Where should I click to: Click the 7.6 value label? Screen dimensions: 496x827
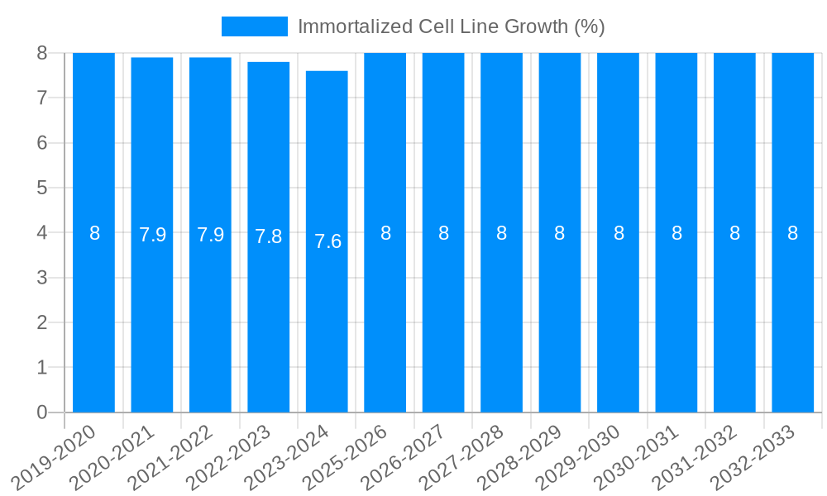[327, 241]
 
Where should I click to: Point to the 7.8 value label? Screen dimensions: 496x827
[268, 236]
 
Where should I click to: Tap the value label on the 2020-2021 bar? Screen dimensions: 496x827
[152, 235]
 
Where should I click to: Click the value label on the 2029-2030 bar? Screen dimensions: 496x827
[619, 233]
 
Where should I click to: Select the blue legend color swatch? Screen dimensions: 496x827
[254, 26]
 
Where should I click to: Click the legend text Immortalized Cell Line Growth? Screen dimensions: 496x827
[451, 26]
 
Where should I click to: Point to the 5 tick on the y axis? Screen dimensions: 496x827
[41, 188]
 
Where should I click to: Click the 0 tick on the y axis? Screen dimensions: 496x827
[41, 413]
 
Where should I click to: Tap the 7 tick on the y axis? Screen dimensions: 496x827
[41, 98]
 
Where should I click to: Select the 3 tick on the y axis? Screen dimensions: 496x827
[41, 278]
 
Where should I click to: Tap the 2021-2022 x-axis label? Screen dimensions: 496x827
[171, 456]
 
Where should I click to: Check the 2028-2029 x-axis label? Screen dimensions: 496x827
[520, 456]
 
